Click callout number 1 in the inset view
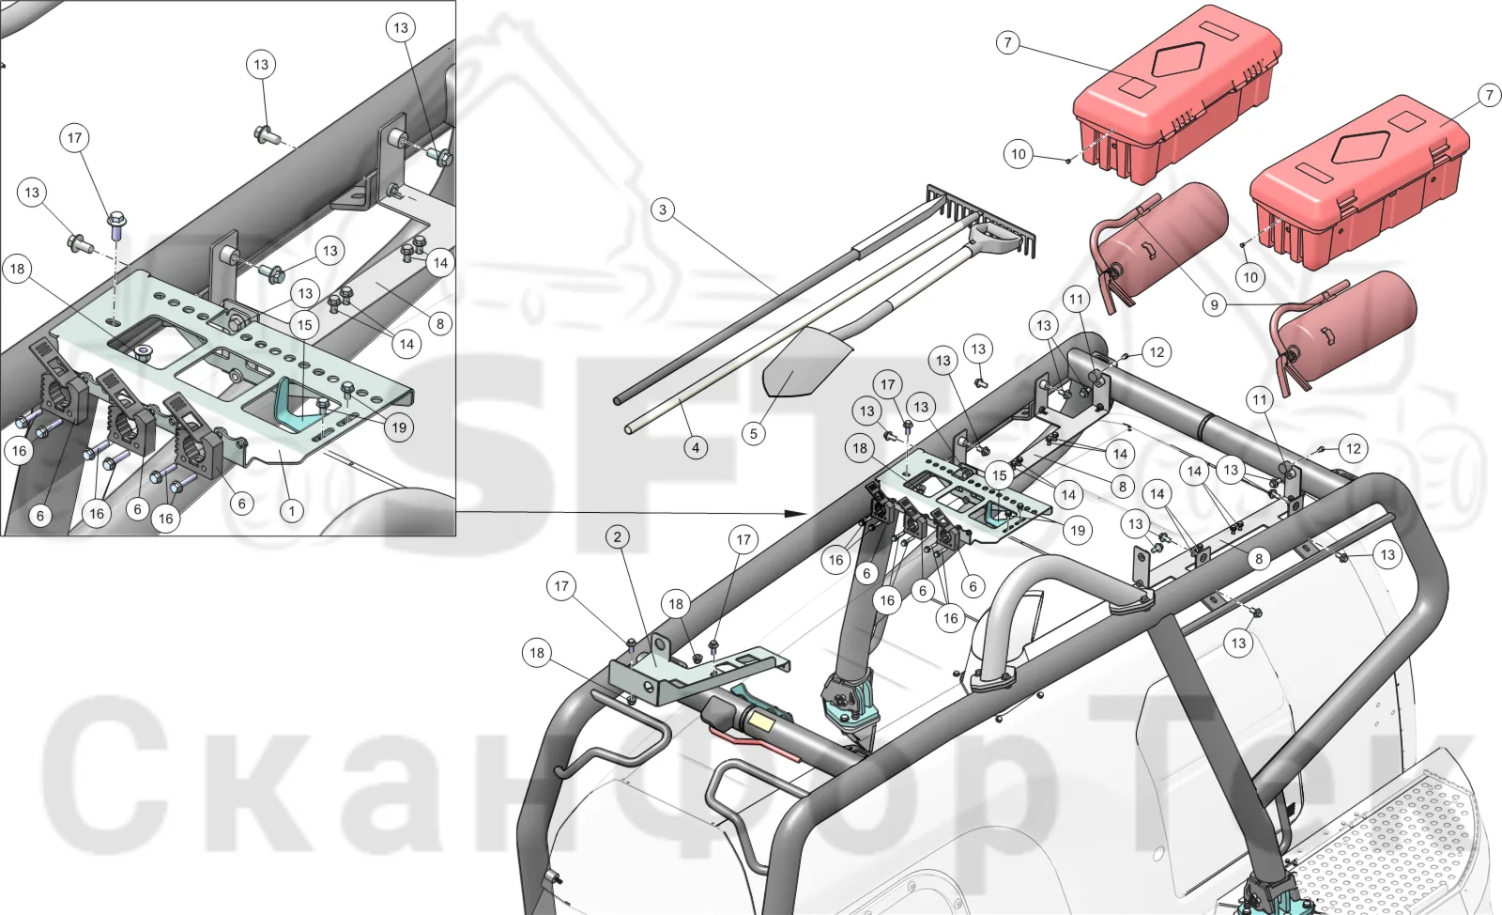[291, 511]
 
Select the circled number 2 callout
[618, 536]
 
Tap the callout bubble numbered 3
[663, 210]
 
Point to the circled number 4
[696, 447]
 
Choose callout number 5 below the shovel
[753, 434]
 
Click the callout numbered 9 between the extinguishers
[1214, 305]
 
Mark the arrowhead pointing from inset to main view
[797, 514]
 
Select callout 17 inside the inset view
[74, 137]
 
